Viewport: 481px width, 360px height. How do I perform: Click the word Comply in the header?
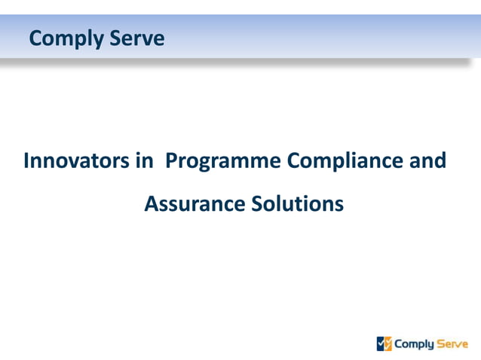(66, 38)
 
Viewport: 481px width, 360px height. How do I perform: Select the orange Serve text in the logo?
(452, 344)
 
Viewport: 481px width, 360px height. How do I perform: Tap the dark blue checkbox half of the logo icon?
(381, 344)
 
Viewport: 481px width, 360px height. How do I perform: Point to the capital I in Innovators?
(27, 160)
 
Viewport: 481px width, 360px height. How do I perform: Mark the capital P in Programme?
(170, 160)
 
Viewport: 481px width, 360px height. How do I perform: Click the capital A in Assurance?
(151, 203)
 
